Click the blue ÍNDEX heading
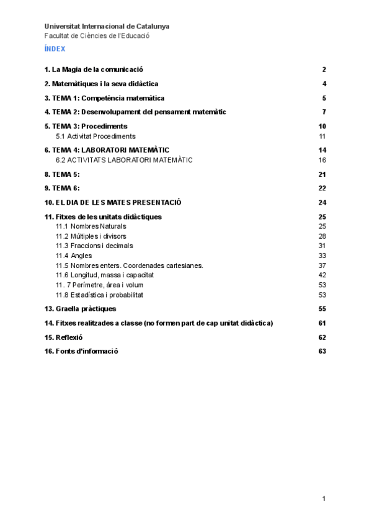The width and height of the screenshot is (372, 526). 55,48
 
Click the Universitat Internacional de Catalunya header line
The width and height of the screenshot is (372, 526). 107,27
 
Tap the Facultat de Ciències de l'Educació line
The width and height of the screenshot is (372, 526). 97,35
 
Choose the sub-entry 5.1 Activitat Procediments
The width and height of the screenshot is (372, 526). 95,136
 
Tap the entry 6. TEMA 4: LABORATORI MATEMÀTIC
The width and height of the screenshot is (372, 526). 107,150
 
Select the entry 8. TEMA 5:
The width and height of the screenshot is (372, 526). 62,174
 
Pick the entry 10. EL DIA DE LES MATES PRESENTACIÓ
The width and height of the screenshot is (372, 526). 113,203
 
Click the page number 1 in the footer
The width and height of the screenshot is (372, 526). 324,499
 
